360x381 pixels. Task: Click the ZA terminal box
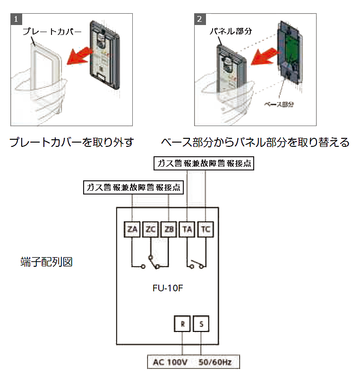click(x=132, y=230)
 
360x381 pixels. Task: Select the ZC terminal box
click(x=151, y=230)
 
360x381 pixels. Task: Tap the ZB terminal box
click(x=169, y=230)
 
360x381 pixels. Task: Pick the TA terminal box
click(x=188, y=230)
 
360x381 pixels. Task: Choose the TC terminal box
click(x=206, y=230)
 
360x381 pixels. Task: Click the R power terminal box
click(x=182, y=324)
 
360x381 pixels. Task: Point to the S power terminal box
click(x=201, y=324)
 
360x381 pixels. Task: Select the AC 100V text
click(x=170, y=363)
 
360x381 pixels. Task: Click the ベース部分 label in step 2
click(x=279, y=104)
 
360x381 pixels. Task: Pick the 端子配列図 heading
click(x=46, y=262)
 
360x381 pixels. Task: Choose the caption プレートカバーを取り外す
click(x=72, y=142)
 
